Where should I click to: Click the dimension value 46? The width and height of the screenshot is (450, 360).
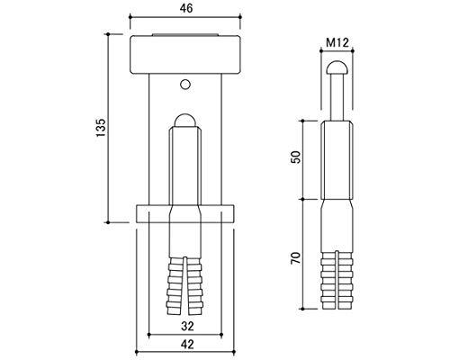[186, 8]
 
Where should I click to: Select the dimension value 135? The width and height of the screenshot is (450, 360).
[101, 128]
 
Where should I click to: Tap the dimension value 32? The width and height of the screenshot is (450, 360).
[187, 326]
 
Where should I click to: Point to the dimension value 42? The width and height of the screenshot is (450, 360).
[187, 344]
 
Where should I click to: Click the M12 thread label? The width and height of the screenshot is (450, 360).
[337, 43]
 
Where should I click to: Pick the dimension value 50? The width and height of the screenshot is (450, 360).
[296, 157]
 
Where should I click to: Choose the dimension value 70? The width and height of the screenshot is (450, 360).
[296, 258]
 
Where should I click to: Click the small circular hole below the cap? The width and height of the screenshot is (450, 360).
[185, 85]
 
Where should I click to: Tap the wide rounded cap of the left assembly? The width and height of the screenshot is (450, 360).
[185, 54]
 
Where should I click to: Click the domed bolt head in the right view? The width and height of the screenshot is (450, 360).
[337, 67]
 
